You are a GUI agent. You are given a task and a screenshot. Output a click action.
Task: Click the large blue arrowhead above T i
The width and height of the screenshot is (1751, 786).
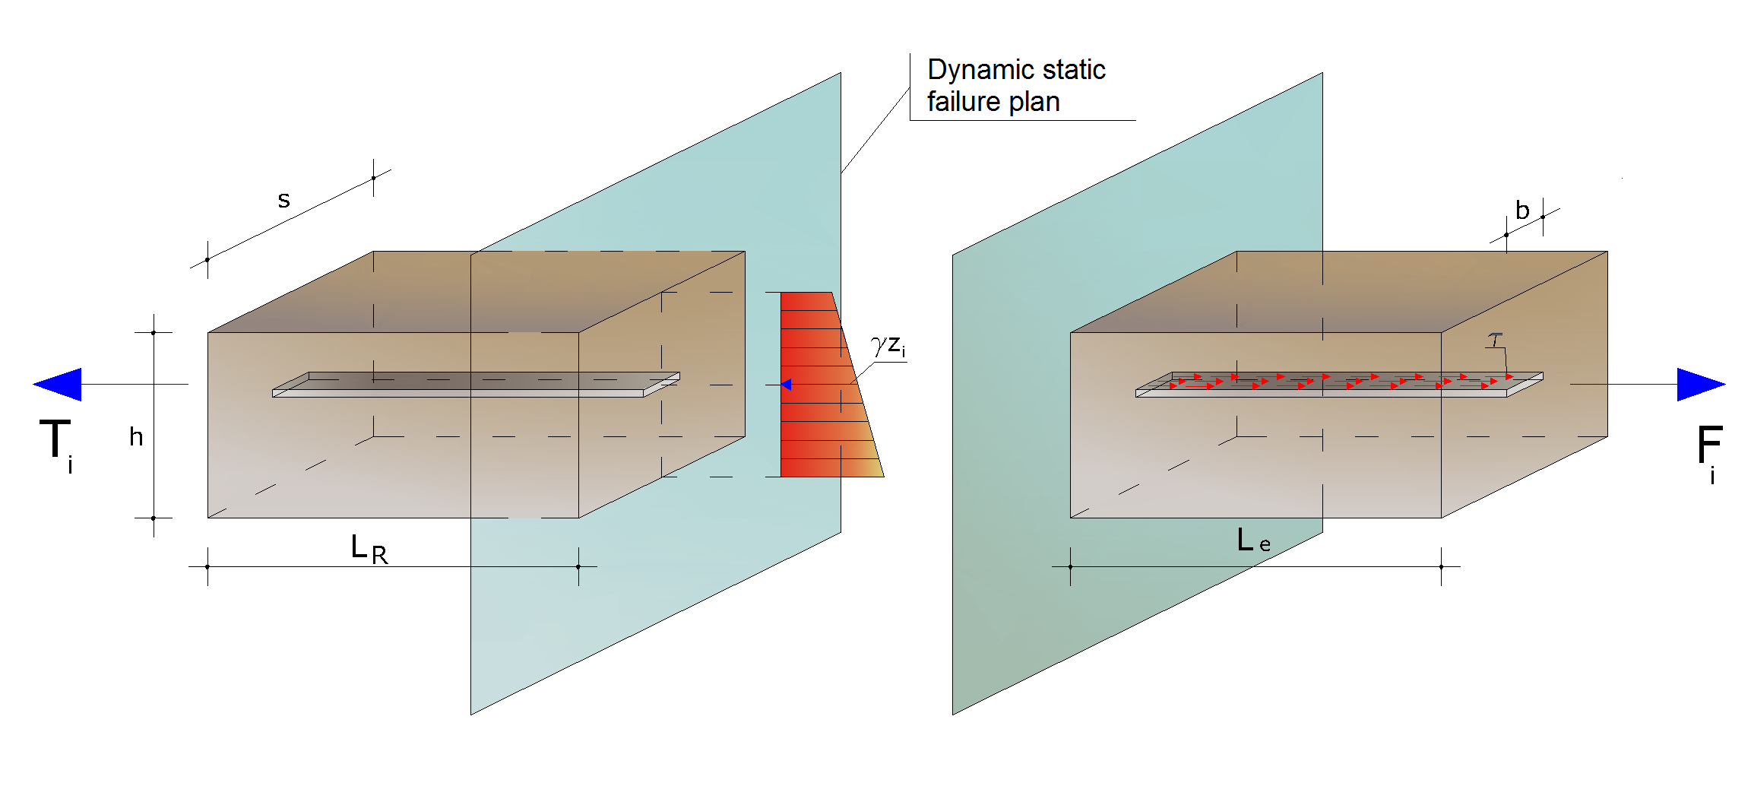58,384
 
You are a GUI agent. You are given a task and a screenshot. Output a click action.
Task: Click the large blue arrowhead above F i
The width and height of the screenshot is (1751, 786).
1701,384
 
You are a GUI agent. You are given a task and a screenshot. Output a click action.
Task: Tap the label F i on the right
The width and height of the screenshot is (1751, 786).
1709,454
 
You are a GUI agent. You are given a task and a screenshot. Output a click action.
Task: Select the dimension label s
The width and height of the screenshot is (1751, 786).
283,200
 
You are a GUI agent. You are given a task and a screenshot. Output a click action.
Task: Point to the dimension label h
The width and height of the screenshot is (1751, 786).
136,436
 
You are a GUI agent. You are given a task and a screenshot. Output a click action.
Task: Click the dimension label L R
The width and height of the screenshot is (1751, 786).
369,549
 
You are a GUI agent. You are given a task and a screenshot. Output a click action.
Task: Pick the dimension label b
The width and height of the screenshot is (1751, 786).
1522,210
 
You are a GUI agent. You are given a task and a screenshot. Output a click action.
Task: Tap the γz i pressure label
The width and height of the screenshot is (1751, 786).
888,346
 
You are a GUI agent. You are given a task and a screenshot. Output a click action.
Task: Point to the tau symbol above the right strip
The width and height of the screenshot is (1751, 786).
1496,339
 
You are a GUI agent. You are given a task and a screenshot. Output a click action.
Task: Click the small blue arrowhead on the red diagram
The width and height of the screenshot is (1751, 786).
786,385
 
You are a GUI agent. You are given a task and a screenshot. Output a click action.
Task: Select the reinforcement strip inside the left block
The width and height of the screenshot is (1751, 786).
476,385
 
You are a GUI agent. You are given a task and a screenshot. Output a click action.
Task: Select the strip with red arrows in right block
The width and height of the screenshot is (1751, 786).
1339,385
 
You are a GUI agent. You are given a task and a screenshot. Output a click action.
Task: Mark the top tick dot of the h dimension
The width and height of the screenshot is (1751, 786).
154,333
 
